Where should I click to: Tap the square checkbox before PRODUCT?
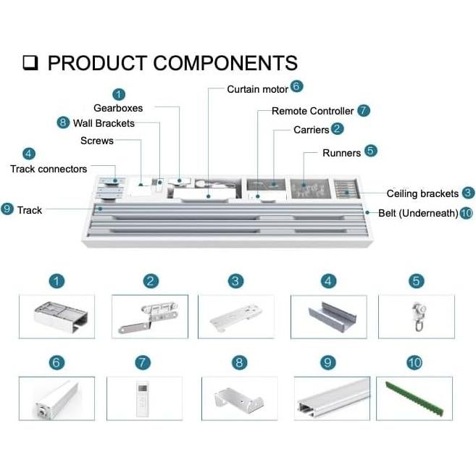(30, 63)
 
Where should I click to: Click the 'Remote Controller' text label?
(312, 111)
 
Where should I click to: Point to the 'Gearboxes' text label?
(118, 108)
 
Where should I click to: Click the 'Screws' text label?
(97, 141)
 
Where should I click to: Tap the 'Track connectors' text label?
(49, 169)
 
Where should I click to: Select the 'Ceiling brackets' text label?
(422, 193)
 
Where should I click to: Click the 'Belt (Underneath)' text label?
(418, 213)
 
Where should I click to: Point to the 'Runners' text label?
(341, 153)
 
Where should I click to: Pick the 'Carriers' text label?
(311, 130)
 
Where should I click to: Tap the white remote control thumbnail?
(143, 397)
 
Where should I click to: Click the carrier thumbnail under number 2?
(150, 315)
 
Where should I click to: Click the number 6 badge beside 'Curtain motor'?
(296, 86)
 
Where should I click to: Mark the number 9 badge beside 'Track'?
(8, 209)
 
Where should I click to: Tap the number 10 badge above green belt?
(414, 362)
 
